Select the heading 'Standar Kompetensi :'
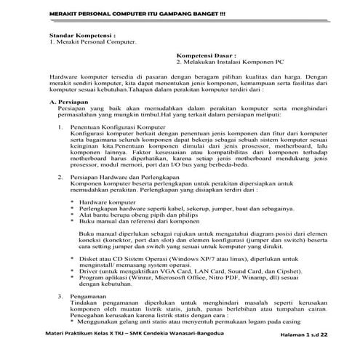(78, 35)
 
